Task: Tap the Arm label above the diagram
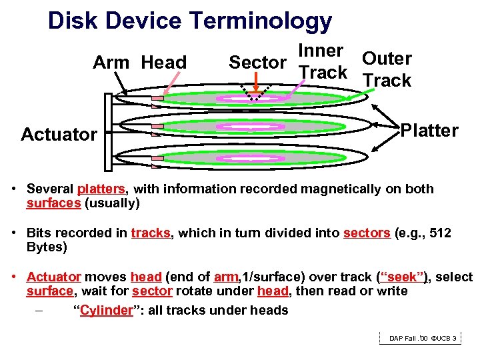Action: (x=111, y=63)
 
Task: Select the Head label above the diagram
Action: (x=164, y=63)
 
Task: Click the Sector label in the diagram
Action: (x=257, y=63)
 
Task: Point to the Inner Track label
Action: (x=323, y=61)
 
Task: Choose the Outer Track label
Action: (x=387, y=69)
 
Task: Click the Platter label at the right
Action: (x=429, y=131)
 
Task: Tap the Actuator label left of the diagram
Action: (x=59, y=135)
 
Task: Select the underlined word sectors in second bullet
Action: (x=367, y=233)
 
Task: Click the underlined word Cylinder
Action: (x=106, y=311)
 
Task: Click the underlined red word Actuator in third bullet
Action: (x=54, y=277)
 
